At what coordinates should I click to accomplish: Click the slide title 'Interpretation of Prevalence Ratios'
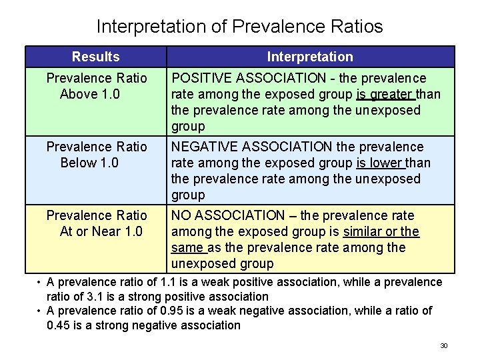point(239,26)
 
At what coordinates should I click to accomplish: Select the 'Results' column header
point(95,57)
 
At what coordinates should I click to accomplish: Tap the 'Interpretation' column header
point(310,57)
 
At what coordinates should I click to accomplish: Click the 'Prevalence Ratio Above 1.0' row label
point(96,86)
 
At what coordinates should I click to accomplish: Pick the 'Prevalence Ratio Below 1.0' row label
point(96,155)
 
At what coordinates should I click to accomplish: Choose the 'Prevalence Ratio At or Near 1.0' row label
point(96,223)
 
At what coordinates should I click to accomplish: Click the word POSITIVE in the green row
point(200,79)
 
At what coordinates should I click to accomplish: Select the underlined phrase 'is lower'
point(381,163)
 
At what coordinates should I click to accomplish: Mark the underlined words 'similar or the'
point(381,231)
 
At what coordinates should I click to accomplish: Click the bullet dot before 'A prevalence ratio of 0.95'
point(40,311)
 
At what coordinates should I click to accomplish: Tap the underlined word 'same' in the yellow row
point(187,247)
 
